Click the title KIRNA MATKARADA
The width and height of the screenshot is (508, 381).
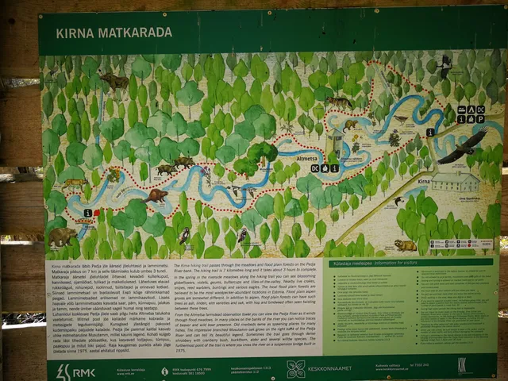click(x=114, y=33)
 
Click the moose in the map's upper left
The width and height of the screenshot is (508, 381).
click(x=114, y=80)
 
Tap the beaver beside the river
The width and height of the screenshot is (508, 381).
click(x=157, y=194)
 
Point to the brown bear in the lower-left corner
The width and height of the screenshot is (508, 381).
click(x=63, y=236)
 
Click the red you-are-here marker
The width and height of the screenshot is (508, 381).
click(x=96, y=212)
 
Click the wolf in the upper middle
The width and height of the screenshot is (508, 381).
click(x=341, y=102)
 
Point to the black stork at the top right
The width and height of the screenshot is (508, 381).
click(x=445, y=65)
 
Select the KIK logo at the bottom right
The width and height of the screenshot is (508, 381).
click(x=464, y=366)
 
